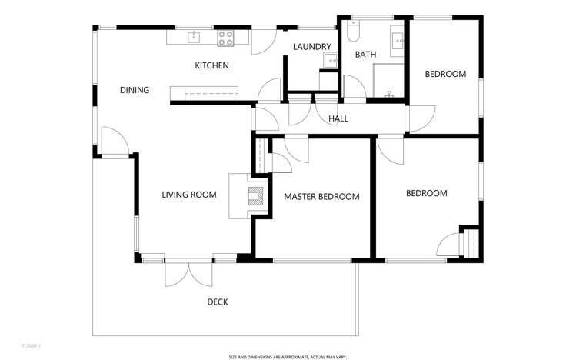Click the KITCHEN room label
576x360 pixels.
(211, 66)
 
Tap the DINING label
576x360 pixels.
(135, 91)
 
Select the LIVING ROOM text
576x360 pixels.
(188, 195)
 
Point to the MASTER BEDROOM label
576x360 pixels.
(321, 197)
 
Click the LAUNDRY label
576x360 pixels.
(311, 48)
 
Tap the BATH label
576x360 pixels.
(365, 55)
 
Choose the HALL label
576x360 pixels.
(338, 119)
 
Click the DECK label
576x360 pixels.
(218, 302)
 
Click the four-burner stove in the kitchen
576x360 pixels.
(225, 36)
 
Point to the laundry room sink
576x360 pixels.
(331, 60)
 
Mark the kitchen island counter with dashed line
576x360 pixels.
(205, 93)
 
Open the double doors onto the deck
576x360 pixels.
(188, 271)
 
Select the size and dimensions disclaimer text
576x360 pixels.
(288, 357)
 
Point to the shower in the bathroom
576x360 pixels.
(388, 81)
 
